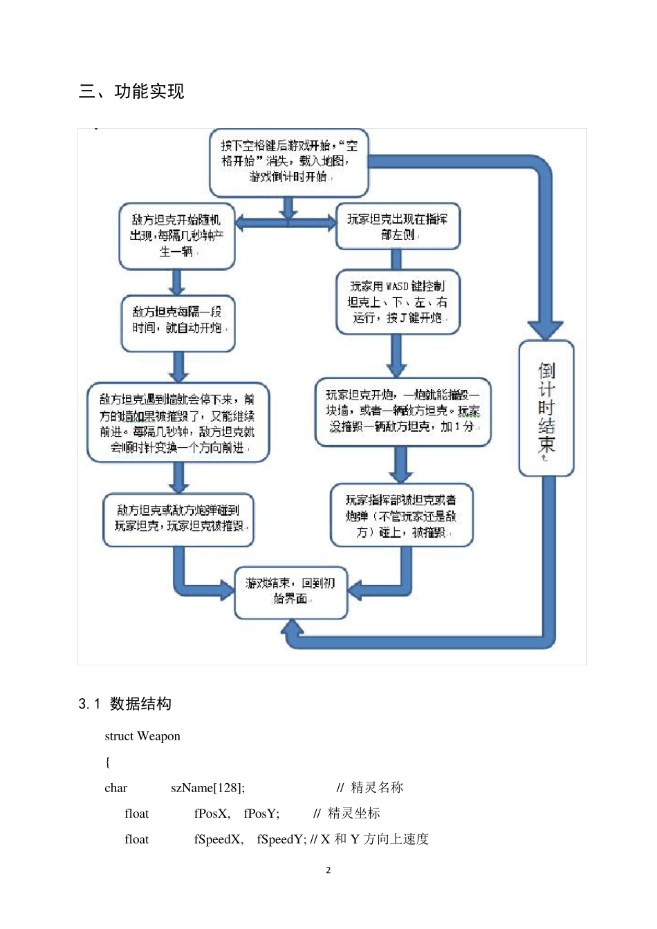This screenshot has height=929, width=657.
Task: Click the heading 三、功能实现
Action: click(131, 91)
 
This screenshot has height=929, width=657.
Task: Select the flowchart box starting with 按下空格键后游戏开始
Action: click(289, 162)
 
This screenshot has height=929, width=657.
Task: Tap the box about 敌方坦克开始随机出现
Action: click(177, 236)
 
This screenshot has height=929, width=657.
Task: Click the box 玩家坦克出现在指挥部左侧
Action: click(398, 226)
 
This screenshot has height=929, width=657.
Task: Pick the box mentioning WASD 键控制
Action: click(398, 302)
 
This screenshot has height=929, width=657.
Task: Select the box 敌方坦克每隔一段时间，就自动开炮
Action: click(178, 321)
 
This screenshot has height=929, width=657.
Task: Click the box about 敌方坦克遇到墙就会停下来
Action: click(178, 423)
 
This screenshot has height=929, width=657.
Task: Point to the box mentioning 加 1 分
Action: click(402, 411)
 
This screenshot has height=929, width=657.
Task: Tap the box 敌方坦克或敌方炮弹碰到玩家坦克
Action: click(178, 518)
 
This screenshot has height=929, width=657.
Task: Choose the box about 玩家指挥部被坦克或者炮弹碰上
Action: click(402, 516)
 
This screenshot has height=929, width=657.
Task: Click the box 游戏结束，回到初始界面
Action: click(290, 592)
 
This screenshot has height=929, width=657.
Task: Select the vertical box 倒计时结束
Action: click(546, 408)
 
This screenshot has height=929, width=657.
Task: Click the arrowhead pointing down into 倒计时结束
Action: click(546, 328)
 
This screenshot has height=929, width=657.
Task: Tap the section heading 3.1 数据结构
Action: click(125, 704)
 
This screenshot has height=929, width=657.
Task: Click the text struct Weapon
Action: click(142, 736)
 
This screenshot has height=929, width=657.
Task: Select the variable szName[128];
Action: click(207, 788)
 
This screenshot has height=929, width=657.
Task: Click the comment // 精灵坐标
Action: click(346, 814)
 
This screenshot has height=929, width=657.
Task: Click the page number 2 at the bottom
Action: click(328, 870)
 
